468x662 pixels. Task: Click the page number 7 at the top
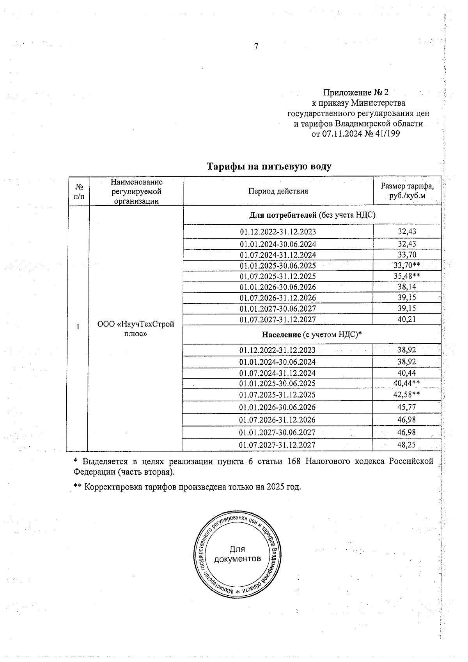pyautogui.click(x=256, y=46)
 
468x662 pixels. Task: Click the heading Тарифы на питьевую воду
pyautogui.click(x=269, y=167)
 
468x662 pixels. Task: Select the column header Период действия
pyautogui.click(x=278, y=191)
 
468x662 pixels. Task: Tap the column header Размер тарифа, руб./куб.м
pyautogui.click(x=407, y=191)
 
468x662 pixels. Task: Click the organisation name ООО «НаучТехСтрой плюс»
pyautogui.click(x=136, y=329)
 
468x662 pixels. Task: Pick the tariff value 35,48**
pyautogui.click(x=407, y=276)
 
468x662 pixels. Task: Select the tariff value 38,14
pyautogui.click(x=407, y=287)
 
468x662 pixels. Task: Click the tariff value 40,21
pyautogui.click(x=407, y=319)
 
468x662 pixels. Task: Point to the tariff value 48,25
pyautogui.click(x=406, y=445)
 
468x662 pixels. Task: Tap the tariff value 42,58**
pyautogui.click(x=406, y=394)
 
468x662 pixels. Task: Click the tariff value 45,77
pyautogui.click(x=406, y=407)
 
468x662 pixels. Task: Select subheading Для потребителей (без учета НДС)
pyautogui.click(x=312, y=215)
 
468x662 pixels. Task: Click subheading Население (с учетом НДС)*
pyautogui.click(x=312, y=334)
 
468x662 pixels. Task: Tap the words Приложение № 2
pyautogui.click(x=356, y=92)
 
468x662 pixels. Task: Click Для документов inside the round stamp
pyautogui.click(x=237, y=554)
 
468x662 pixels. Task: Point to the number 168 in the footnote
pyautogui.click(x=294, y=461)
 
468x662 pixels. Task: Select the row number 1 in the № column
pyautogui.click(x=78, y=327)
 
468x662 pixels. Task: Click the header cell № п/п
pyautogui.click(x=79, y=191)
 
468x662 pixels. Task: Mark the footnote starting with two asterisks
pyautogui.click(x=187, y=487)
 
